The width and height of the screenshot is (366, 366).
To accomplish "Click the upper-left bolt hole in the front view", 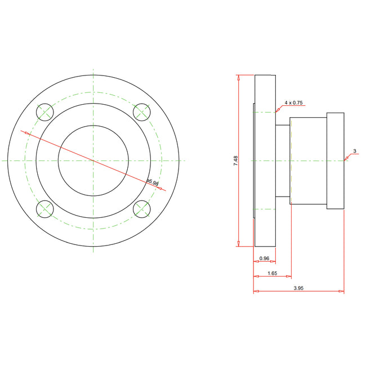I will pos(44,112).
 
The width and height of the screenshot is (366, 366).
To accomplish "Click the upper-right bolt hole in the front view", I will pos(141,112).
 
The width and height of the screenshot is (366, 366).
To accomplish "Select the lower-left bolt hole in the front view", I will pos(44,209).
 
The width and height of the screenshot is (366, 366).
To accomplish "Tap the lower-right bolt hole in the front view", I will pos(141,209).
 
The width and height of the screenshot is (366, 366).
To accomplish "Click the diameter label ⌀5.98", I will pos(153,182).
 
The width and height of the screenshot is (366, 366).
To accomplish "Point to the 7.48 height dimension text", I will pos(235,160).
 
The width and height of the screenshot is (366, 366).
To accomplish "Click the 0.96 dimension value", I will pos(264,258).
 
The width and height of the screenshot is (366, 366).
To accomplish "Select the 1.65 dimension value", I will pos(271,273).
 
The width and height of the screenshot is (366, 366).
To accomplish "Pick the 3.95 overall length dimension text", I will pos(300,288).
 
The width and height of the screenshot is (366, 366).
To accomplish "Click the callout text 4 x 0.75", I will pos(294,102).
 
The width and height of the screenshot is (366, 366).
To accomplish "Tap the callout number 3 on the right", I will pos(354,151).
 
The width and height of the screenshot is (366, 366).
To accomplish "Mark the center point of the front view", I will pos(93,160).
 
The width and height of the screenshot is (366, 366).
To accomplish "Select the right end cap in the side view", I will pos(335,160).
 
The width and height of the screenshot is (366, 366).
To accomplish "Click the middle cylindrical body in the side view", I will pos(308,160).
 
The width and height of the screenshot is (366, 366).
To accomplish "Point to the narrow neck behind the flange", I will pos(282,160).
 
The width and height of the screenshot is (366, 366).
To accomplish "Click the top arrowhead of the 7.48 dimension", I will pos(239,78).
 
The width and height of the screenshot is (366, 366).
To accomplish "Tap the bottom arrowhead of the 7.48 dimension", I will pos(239,243).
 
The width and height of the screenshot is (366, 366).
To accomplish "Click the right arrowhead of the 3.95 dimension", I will pos(341,292).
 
